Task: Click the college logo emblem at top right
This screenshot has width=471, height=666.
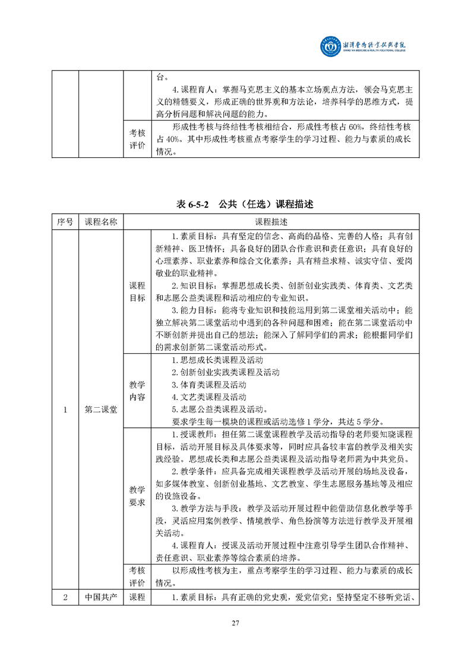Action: (330, 47)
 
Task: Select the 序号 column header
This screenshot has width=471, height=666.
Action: (65, 222)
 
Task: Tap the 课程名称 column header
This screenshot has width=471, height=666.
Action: (101, 222)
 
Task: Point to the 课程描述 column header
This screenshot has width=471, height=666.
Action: (271, 222)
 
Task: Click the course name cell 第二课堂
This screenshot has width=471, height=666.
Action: (101, 410)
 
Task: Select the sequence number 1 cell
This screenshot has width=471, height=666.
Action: (65, 410)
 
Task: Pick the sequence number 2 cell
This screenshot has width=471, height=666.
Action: (65, 597)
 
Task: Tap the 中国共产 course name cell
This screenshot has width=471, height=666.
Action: (101, 597)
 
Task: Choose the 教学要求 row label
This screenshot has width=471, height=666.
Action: (137, 496)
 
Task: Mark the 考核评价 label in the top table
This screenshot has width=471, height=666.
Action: (137, 139)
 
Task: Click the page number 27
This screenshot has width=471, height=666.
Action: (235, 623)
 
